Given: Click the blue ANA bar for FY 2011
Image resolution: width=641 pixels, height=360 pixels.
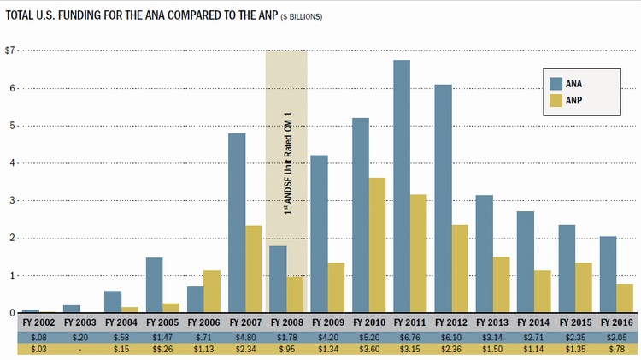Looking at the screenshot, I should tap(402, 186).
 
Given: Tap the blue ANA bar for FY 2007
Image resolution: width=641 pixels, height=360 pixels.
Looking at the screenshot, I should tap(237, 223).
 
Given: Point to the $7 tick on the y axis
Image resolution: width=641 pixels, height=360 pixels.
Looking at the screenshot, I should tap(10, 51).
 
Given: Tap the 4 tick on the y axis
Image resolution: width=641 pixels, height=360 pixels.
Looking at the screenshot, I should tap(12, 163).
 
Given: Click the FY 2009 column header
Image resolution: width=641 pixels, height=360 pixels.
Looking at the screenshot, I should tap(328, 324).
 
